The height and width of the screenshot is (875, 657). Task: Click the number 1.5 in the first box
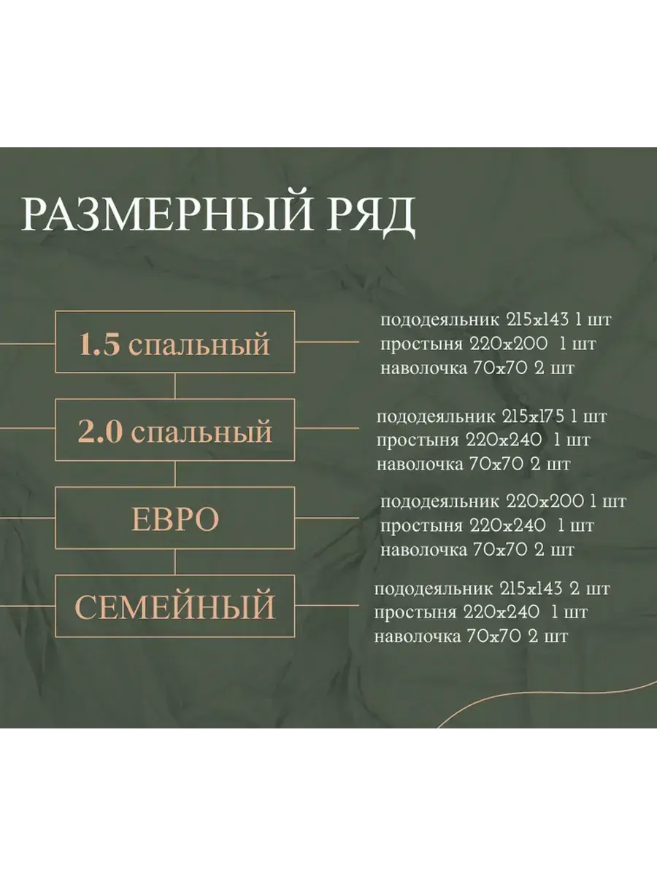point(100,343)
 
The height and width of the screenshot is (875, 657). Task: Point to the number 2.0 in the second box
point(100,432)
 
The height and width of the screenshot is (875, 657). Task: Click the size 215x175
point(534,417)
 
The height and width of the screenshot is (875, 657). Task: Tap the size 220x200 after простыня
point(509,344)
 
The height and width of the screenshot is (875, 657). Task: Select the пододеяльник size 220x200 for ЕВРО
point(545,501)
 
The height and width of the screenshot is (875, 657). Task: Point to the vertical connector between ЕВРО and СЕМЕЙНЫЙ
point(175,562)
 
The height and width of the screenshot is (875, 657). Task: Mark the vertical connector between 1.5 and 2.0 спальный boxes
point(175,386)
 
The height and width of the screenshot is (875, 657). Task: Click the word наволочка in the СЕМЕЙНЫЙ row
point(418,637)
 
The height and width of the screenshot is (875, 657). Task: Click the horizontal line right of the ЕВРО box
point(327,518)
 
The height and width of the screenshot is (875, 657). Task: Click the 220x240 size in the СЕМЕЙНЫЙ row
point(502,612)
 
